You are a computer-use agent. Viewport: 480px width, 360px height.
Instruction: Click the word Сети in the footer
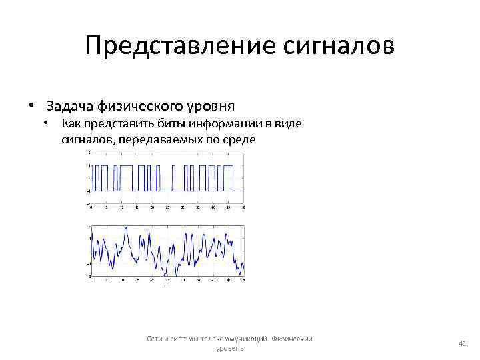(157, 338)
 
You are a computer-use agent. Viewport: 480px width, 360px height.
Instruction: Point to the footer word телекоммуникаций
(227, 338)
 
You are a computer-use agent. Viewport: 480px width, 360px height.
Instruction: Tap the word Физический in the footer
(294, 338)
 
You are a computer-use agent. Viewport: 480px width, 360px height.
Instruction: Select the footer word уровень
(231, 348)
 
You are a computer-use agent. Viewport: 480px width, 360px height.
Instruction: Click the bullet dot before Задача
(31, 106)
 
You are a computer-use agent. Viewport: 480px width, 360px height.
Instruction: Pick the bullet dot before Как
(47, 123)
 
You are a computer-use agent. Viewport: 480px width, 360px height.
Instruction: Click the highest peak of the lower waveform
(126, 227)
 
